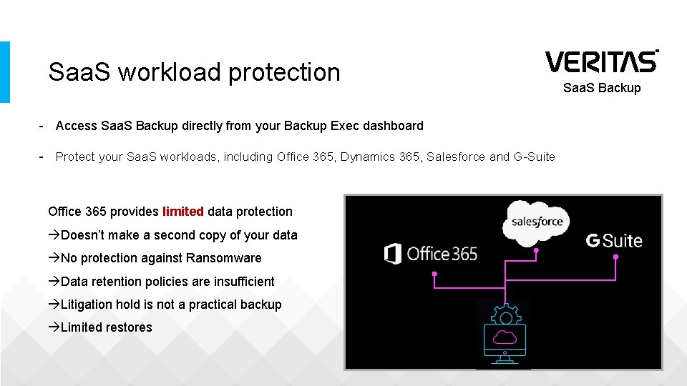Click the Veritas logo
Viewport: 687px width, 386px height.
coord(601,61)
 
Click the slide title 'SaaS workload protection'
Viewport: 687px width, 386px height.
coord(194,72)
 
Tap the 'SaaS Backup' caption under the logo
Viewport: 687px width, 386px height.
coord(602,88)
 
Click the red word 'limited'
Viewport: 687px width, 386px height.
coord(183,212)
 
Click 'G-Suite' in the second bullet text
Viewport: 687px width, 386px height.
coord(534,157)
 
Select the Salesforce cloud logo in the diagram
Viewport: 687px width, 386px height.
coord(537,222)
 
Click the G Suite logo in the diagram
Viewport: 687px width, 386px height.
coord(614,241)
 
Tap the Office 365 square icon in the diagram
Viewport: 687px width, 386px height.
coord(392,253)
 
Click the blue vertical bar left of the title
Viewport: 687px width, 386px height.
coord(5,71)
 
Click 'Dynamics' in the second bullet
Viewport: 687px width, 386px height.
coord(364,157)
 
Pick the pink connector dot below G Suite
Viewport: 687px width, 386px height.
coord(615,257)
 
